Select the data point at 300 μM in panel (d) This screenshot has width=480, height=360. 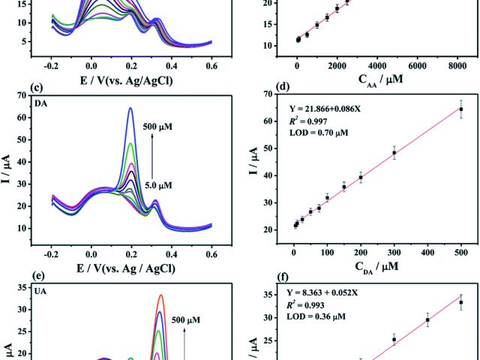click(394, 153)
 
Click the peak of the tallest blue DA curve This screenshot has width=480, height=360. click(151, 109)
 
